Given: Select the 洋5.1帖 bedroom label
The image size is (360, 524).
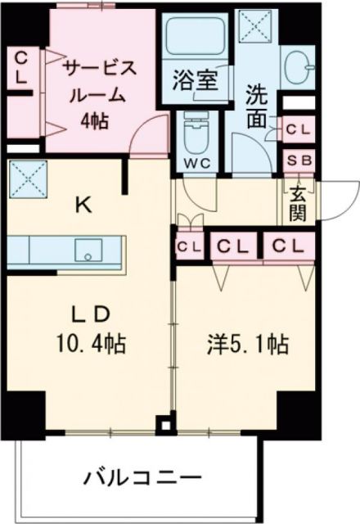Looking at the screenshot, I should [246, 346].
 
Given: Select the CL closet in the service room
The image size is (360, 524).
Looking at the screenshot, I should [21, 68].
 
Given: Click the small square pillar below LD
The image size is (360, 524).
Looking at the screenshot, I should [167, 425].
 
